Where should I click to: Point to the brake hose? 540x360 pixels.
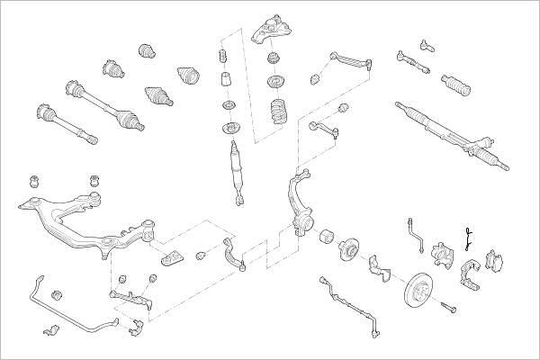416,231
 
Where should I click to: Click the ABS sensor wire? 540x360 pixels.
346,296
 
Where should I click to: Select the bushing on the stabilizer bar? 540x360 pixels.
56,294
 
